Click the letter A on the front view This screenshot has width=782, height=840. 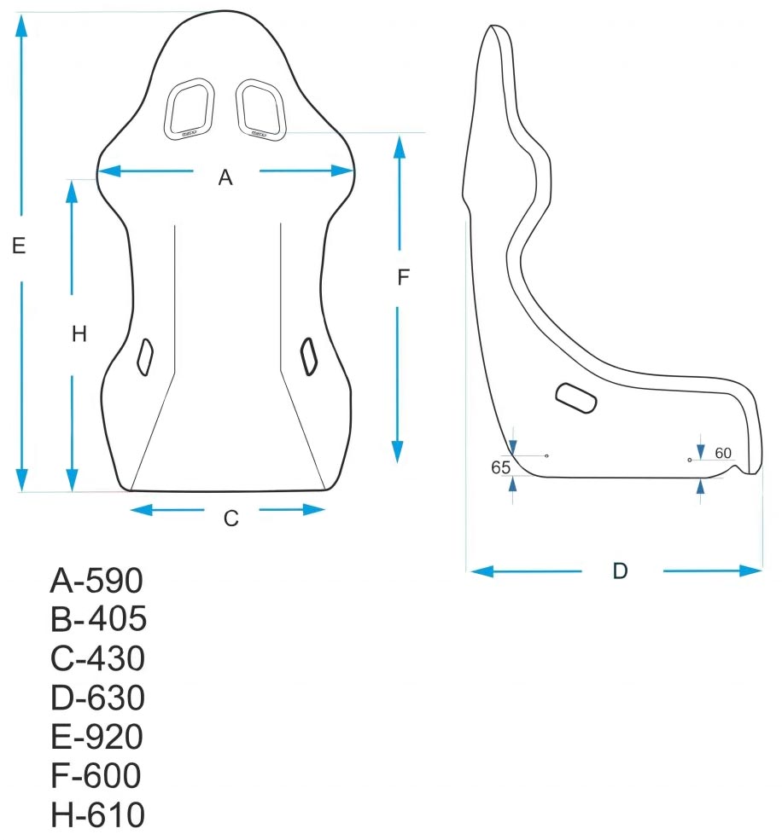225,177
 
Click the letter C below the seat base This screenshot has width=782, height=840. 231,518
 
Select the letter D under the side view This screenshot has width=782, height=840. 621,571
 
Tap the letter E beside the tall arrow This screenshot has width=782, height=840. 19,246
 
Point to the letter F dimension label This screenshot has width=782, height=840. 404,277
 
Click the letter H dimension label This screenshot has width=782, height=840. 79,334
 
